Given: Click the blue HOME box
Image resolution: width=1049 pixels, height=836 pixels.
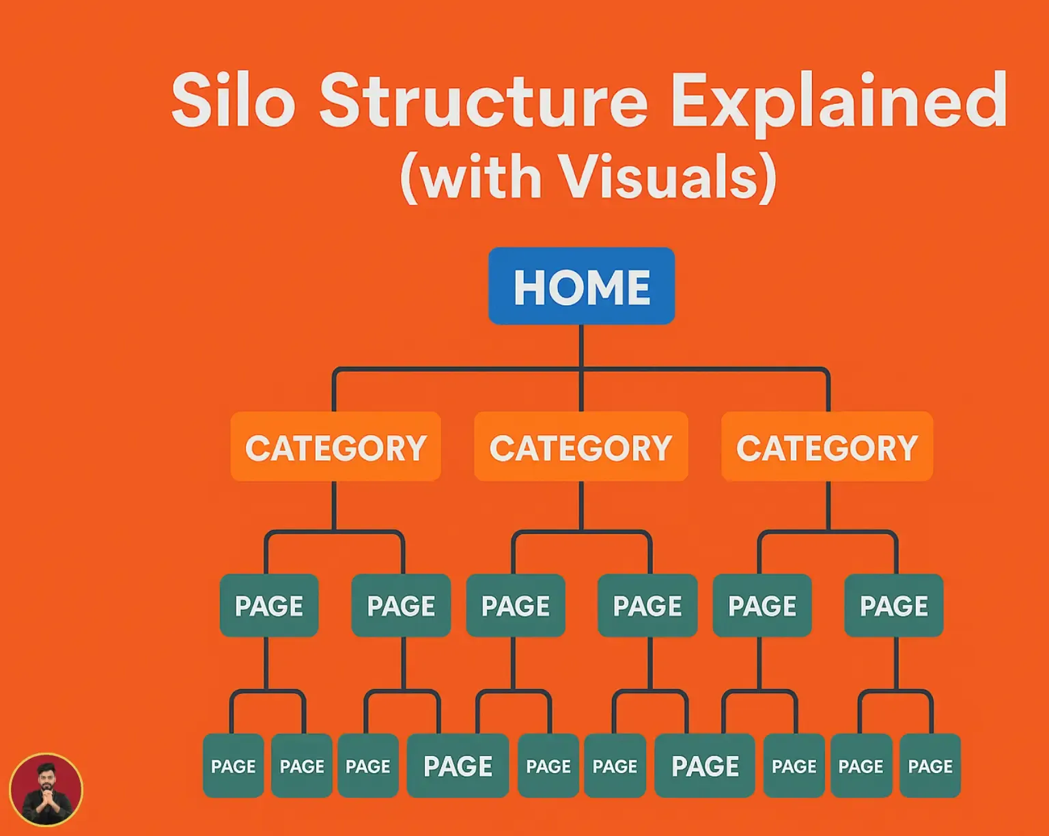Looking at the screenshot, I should pos(581,286).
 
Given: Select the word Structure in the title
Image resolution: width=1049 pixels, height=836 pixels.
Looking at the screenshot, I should pos(484,101).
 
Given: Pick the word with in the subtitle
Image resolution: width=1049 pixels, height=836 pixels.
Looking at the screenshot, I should pos(481,177).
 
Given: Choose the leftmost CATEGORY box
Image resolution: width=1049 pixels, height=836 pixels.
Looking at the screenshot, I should pos(335,447).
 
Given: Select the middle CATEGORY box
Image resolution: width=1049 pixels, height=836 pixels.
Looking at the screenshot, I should pos(581,447).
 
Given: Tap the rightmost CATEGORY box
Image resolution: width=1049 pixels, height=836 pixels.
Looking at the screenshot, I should pos(827,447).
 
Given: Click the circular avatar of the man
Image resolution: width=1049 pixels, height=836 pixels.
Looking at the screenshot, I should pos(46,790).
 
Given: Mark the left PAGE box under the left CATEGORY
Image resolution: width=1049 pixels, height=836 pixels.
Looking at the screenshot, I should pos(269,606).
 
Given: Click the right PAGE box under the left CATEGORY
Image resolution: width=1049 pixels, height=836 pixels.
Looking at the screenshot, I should pos(401,606).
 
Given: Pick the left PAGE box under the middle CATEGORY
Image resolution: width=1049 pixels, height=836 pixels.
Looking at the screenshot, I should pos(516,606).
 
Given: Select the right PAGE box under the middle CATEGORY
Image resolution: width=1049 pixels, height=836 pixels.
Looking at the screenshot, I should pos(647,606).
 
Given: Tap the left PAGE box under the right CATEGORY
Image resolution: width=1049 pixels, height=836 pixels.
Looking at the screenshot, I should pos(762,606).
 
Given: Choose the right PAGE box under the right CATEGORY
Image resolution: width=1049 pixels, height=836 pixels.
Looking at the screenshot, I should pos(894,606).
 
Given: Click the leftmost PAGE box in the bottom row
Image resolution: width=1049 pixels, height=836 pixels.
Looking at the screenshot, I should pos(234,766).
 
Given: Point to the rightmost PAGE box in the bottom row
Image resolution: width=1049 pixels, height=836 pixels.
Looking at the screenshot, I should pos(930,766).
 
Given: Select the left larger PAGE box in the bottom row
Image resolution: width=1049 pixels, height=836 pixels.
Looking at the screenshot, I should pos(458,766).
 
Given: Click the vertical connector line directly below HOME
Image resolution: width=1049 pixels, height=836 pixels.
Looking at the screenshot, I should pos(581,347).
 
